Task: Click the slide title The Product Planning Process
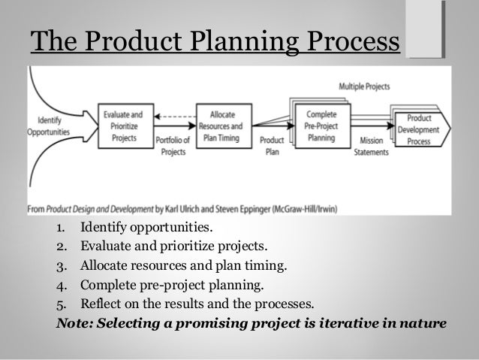(x=212, y=41)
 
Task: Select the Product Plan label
(x=270, y=147)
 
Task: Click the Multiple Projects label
(x=363, y=86)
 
